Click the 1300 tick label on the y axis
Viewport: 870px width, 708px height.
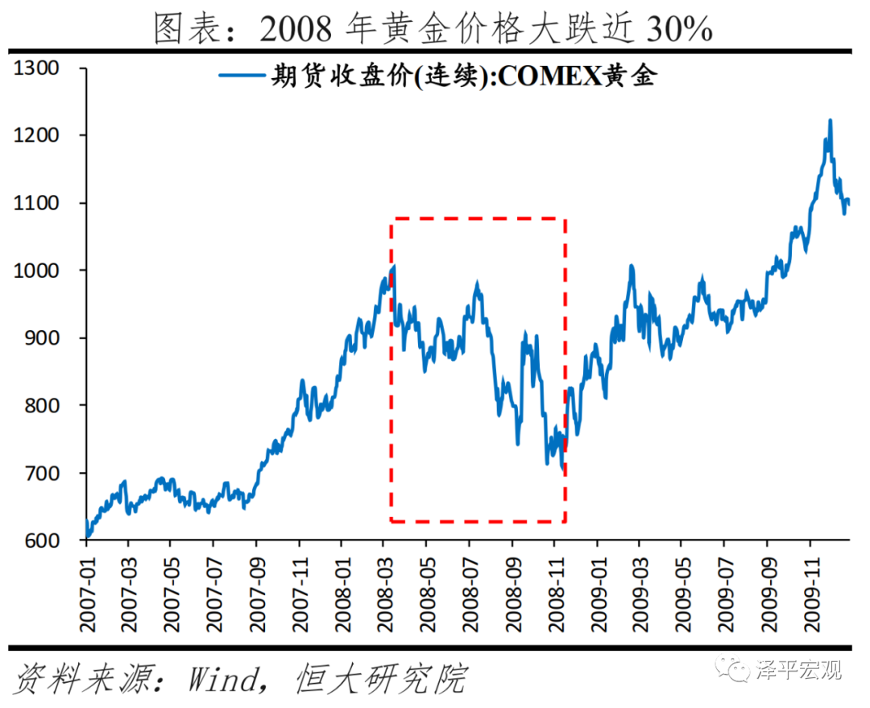(x=37, y=68)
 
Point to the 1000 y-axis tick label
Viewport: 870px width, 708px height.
(x=37, y=271)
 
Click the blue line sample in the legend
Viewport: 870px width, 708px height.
(x=241, y=77)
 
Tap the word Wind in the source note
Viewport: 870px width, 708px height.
(x=220, y=680)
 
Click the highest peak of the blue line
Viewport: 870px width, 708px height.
(x=830, y=120)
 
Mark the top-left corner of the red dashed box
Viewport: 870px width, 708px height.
(x=391, y=218)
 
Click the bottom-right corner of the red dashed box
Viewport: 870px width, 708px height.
(x=565, y=521)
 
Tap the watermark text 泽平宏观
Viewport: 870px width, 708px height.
(x=798, y=669)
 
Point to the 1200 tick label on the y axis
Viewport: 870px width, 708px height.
(x=37, y=135)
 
